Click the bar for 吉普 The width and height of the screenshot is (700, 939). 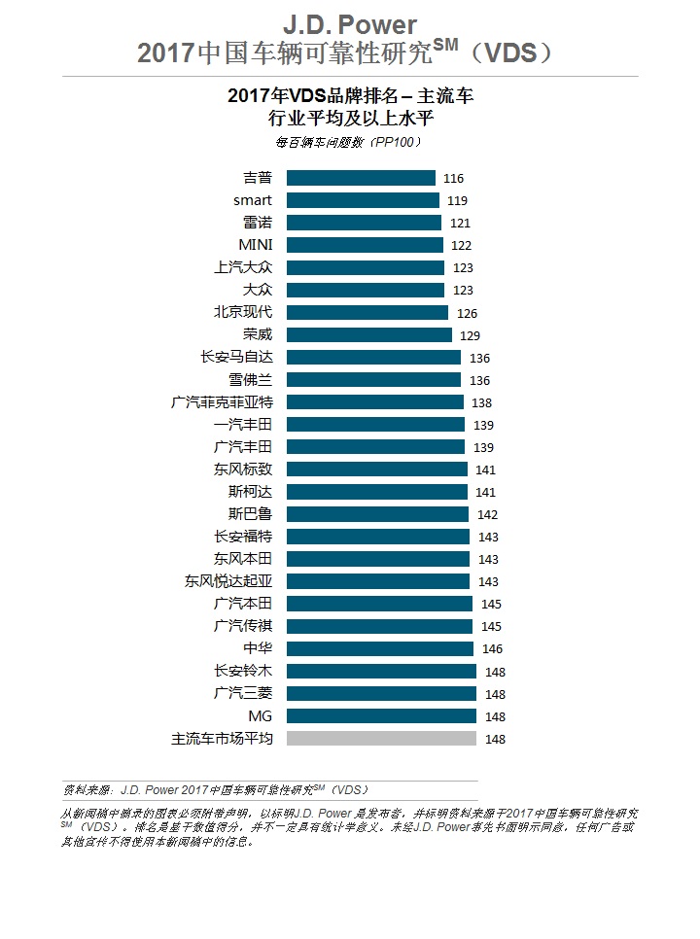click(361, 178)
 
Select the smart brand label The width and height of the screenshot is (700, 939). click(253, 200)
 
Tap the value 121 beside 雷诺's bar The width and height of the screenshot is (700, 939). click(460, 224)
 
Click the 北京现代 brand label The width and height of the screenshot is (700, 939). click(243, 312)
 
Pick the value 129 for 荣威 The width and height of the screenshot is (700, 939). click(471, 335)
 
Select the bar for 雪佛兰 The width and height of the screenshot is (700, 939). click(373, 379)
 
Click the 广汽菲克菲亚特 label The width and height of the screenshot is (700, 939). click(222, 401)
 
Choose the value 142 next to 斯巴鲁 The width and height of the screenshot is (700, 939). click(488, 515)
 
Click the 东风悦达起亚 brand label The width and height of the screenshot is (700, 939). click(229, 581)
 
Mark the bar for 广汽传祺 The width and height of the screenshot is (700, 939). click(379, 626)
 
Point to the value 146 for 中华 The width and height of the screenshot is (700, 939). click(492, 649)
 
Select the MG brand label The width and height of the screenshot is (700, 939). click(261, 715)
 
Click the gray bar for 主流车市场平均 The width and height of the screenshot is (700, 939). click(381, 738)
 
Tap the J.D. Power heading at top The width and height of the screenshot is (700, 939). click(349, 24)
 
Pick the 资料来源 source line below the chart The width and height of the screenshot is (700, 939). click(215, 789)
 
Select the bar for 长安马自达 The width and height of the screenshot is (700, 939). click(373, 357)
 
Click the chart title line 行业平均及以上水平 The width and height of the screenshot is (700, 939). click(349, 119)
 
